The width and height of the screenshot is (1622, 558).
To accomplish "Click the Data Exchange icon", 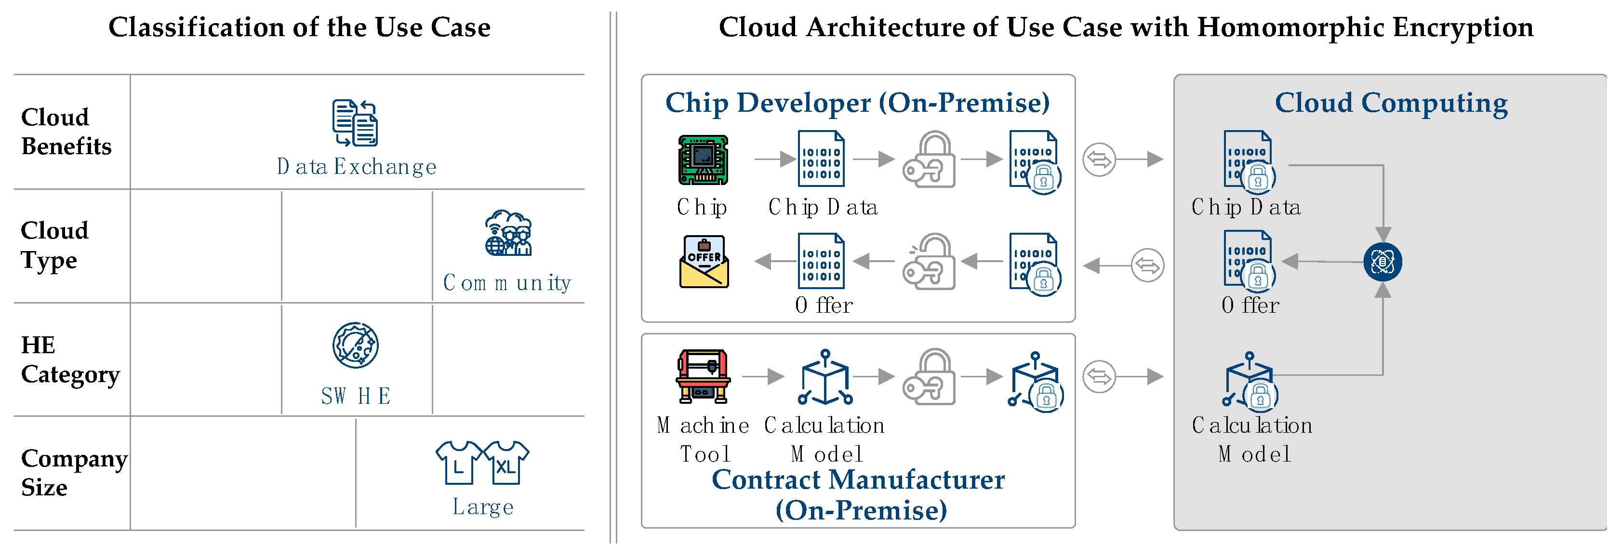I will click(355, 123).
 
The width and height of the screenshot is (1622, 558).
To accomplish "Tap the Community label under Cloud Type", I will click(507, 283).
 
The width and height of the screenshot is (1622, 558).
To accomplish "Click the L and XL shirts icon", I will click(482, 463).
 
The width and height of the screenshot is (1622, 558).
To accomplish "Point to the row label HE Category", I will click(69, 359).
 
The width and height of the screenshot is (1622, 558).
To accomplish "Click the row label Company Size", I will click(73, 473).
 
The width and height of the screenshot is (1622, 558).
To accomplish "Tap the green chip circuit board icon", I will click(703, 160).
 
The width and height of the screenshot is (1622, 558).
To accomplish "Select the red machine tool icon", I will click(703, 377).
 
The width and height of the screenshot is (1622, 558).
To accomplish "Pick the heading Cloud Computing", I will click(1391, 103).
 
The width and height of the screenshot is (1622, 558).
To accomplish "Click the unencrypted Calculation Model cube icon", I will click(825, 378).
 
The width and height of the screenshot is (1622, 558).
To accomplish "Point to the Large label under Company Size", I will click(483, 506).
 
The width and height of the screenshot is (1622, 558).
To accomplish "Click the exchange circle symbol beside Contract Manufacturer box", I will click(1099, 377).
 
